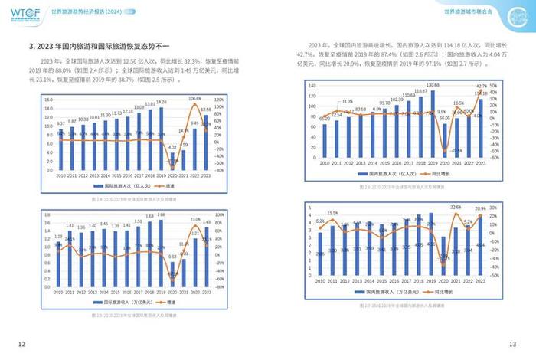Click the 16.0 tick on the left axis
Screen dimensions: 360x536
[x=47, y=100]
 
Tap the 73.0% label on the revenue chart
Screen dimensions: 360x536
[x=195, y=219]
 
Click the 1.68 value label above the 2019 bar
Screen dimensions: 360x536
[x=161, y=215]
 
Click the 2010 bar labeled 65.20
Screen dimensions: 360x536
[x=325, y=141]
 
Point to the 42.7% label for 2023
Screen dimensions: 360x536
[x=482, y=86]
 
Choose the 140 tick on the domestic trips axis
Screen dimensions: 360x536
[x=312, y=86]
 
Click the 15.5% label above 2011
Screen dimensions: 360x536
[x=332, y=213]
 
